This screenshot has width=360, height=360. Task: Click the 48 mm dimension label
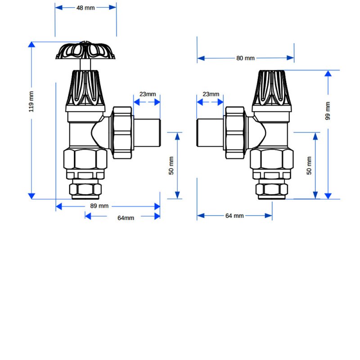[85, 8]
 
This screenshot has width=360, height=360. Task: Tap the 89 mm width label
[99, 206]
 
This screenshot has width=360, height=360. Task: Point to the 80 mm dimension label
[245, 58]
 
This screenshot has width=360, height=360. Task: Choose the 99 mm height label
[328, 111]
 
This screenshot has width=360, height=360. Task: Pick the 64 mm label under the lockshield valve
[234, 216]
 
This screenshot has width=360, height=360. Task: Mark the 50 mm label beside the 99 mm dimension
[309, 166]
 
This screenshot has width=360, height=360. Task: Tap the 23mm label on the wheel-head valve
[147, 94]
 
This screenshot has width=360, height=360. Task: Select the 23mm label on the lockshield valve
[211, 94]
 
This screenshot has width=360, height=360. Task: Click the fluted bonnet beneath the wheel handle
[85, 88]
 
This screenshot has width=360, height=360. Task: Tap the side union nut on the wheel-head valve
[121, 133]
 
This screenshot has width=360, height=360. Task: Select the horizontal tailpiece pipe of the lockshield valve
[211, 133]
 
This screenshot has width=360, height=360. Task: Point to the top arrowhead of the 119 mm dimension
[31, 45]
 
